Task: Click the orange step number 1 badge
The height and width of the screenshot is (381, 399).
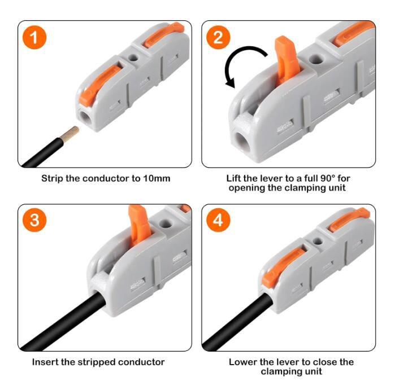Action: click(x=36, y=38)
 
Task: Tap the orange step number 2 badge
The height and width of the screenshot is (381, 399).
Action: click(x=219, y=38)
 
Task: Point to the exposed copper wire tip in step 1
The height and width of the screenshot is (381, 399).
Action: click(x=71, y=133)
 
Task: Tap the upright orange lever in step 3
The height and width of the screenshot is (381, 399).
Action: click(x=137, y=222)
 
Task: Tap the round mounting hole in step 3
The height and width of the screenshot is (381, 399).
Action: click(x=166, y=224)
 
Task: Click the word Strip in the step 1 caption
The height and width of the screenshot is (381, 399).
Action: click(x=53, y=178)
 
